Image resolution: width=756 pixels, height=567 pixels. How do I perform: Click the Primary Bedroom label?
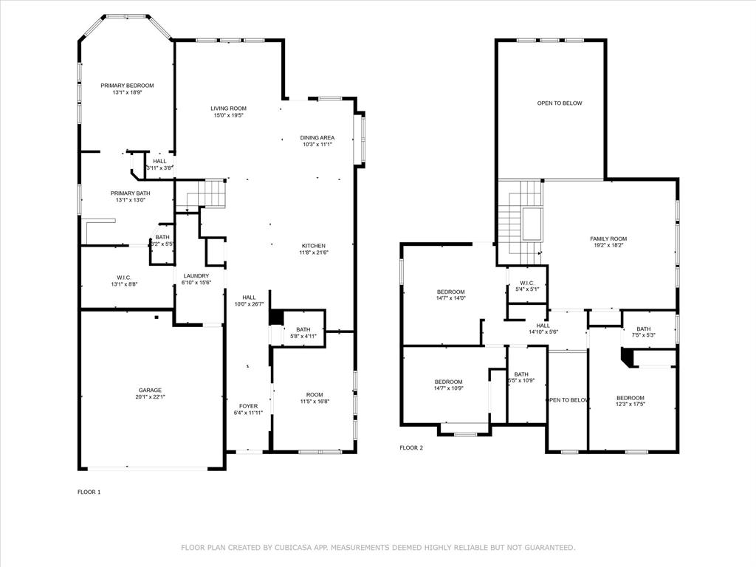coord(127,86)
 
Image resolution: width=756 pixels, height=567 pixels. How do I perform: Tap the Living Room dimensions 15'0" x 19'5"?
coord(228,116)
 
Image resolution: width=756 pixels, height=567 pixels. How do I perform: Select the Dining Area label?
coord(317,137)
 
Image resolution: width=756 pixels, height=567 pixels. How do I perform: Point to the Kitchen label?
coord(313,246)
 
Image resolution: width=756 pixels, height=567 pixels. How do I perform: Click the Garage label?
coord(150,390)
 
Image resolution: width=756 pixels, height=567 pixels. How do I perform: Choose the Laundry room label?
coord(196,275)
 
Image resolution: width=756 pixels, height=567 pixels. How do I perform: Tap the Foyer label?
coord(248,406)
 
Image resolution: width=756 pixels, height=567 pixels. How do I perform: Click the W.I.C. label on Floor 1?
coord(123,278)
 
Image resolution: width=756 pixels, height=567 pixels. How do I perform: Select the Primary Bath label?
coord(130,193)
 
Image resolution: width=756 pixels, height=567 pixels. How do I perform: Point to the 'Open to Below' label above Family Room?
coord(559,103)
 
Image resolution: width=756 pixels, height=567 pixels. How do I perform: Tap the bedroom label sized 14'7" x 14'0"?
coord(450,292)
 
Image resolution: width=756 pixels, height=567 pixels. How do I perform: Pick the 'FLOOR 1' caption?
coord(89,492)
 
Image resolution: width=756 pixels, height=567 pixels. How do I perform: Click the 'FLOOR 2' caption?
coord(411,447)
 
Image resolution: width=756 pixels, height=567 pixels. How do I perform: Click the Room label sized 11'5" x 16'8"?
coord(315,395)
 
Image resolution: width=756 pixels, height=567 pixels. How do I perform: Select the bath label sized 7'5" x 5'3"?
coord(644,329)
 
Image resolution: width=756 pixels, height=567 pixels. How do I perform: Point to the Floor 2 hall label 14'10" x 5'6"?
coord(543,326)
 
